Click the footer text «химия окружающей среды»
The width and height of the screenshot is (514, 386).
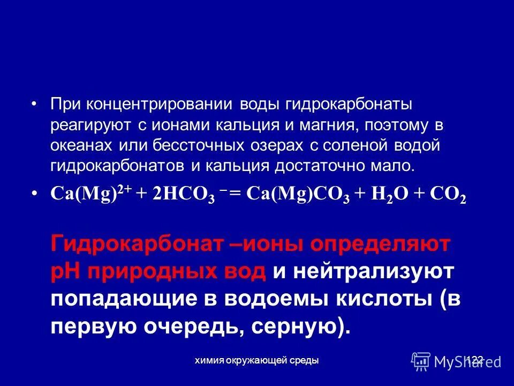[257, 361]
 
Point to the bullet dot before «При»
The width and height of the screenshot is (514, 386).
[35, 105]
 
